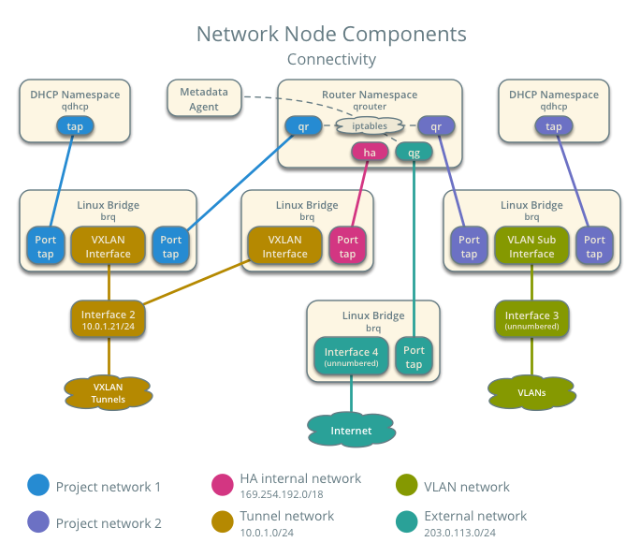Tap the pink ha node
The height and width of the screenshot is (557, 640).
tap(370, 151)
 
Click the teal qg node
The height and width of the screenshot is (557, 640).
tap(413, 151)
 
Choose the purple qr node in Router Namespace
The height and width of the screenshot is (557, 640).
tap(436, 125)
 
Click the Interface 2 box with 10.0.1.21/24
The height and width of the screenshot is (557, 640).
tap(109, 319)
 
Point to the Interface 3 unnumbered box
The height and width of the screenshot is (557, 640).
tap(531, 319)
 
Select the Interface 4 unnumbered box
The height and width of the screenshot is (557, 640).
tap(351, 357)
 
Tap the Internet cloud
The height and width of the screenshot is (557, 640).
tap(351, 430)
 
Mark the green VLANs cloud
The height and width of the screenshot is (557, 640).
tap(531, 392)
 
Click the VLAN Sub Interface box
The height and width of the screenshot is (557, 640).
tap(531, 246)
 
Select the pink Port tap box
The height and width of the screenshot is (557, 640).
tap(347, 246)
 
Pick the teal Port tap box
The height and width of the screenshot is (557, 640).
tap(414, 357)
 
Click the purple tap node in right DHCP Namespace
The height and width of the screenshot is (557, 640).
tap(554, 125)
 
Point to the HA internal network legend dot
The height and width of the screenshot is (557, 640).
tap(224, 484)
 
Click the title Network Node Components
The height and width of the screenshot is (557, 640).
tap(330, 35)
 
